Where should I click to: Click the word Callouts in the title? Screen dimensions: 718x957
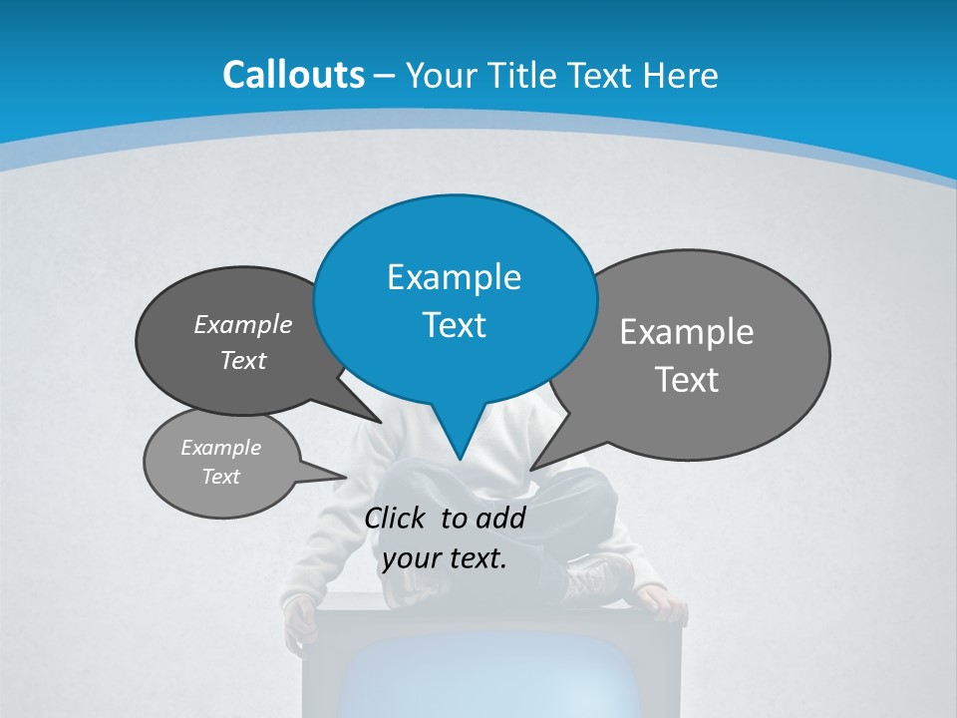click(293, 75)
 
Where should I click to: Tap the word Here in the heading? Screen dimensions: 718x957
click(682, 76)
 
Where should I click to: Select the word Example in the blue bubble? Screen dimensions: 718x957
click(454, 277)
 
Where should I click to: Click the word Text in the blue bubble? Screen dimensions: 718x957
click(454, 325)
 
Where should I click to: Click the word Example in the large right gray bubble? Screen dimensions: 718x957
click(687, 332)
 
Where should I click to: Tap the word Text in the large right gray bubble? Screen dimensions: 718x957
click(687, 380)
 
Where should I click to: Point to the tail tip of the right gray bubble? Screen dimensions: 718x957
click(531, 469)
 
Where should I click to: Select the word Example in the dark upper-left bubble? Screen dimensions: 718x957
click(242, 325)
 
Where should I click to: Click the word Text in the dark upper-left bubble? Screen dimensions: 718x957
click(242, 361)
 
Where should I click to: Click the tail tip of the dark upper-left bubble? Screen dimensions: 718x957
click(381, 422)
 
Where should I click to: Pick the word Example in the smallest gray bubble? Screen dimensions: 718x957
click(220, 448)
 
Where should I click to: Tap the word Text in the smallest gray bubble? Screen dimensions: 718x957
click(220, 477)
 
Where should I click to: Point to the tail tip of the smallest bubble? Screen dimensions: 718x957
click(346, 478)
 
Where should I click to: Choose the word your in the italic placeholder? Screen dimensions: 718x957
click(410, 558)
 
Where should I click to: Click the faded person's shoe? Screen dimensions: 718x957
click(598, 578)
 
